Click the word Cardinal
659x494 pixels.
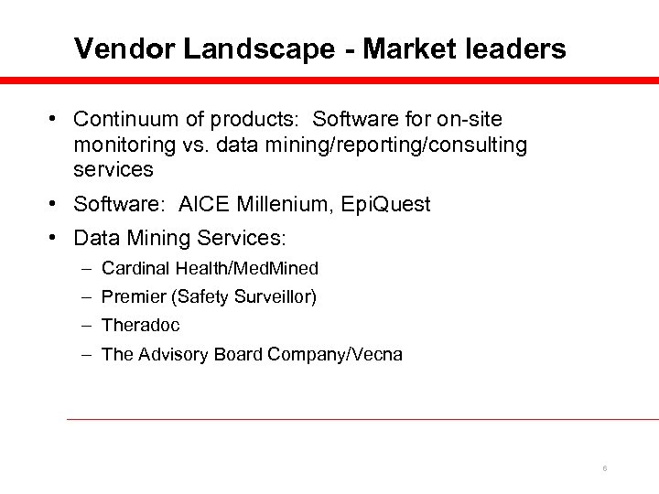tap(131, 269)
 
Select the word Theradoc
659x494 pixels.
tap(141, 325)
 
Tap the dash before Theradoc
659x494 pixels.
tap(84, 325)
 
